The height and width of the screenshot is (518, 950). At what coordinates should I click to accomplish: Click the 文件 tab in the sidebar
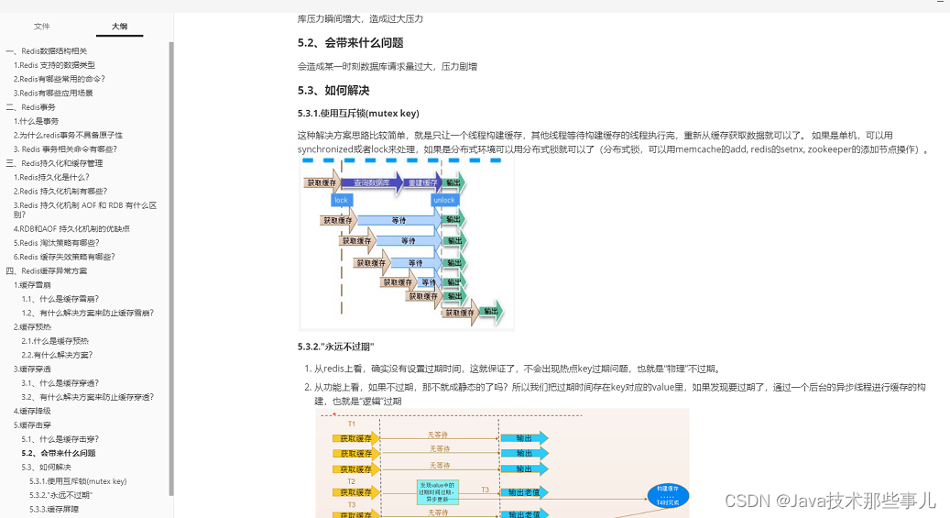pos(42,27)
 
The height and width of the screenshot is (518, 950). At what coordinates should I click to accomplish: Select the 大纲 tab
pos(119,27)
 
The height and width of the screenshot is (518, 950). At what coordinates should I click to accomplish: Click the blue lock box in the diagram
pos(341,200)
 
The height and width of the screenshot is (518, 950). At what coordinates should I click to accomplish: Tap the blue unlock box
pos(443,200)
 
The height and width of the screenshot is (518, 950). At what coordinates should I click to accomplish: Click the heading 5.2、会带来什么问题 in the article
pos(350,43)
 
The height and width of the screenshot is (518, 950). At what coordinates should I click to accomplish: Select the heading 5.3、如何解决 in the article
pos(333,91)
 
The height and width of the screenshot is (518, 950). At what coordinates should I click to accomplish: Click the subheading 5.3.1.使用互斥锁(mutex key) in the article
pos(357,114)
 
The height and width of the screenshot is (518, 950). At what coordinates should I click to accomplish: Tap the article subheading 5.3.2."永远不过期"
pos(335,347)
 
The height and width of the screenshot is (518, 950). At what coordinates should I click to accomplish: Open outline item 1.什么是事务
pos(36,121)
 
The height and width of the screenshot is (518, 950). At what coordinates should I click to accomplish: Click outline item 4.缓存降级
pos(32,411)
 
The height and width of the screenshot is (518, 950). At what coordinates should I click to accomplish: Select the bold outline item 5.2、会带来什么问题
pos(59,453)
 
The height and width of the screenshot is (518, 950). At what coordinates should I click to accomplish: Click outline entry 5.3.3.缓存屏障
pos(53,509)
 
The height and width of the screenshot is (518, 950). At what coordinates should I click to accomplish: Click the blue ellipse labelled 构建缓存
pos(667,496)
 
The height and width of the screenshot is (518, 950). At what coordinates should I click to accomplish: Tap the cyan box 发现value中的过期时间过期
pos(437,491)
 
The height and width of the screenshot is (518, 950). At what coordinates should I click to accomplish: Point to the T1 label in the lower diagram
pos(351,424)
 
